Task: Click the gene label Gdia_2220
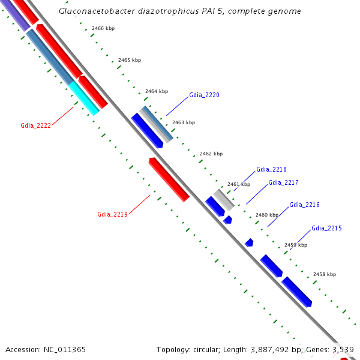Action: click(x=204, y=95)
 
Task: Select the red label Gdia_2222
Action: click(x=35, y=125)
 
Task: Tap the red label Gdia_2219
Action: click(x=112, y=214)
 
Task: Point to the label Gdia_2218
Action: click(x=271, y=170)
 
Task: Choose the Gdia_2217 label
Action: click(x=283, y=182)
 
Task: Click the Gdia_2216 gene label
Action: click(x=304, y=205)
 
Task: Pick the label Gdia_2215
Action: click(x=326, y=228)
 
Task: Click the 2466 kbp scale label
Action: click(x=103, y=29)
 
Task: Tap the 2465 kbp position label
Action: click(x=130, y=60)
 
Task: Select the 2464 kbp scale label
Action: click(x=157, y=91)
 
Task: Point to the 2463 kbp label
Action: click(x=184, y=122)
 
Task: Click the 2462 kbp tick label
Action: click(x=211, y=154)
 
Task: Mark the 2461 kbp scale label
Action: click(x=239, y=184)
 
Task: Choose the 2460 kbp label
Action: click(x=267, y=215)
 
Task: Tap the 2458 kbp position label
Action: click(x=325, y=274)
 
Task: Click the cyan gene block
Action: click(x=84, y=99)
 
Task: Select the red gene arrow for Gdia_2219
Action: click(x=169, y=180)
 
